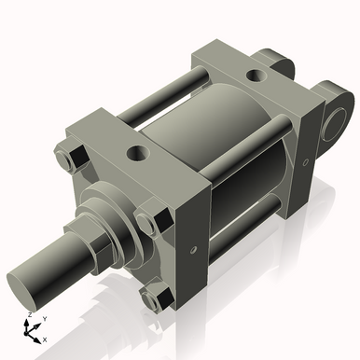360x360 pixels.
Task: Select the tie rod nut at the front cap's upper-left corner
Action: [69, 159]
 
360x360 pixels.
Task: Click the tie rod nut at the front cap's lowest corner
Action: [154, 297]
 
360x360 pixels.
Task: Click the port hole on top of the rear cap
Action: [254, 75]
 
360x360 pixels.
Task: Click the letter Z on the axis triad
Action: [30, 316]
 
